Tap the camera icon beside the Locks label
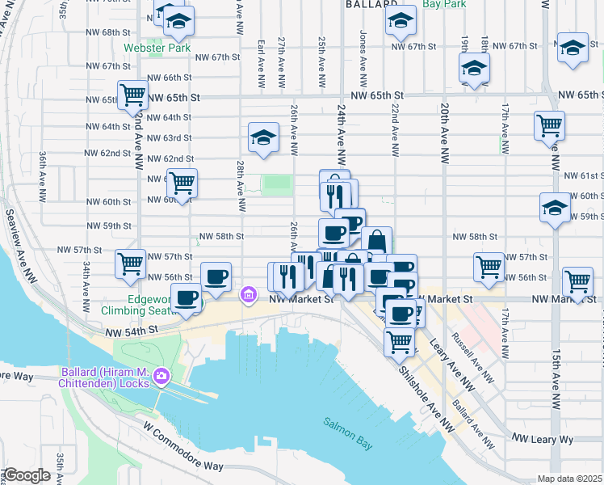161,376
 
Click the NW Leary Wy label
542,439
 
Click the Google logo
26,475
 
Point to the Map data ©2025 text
569,479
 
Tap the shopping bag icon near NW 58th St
376,240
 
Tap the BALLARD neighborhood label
372,4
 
